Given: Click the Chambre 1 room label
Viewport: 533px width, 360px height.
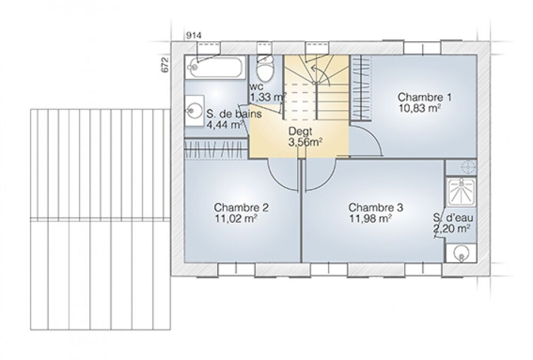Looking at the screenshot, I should tap(425, 97).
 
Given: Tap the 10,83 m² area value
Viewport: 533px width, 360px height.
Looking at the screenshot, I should tap(419, 107).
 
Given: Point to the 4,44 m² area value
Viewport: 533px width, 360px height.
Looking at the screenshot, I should tap(224, 124).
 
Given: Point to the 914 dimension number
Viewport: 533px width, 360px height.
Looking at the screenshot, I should tap(193, 35).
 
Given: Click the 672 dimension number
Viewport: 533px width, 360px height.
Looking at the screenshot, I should tap(165, 65).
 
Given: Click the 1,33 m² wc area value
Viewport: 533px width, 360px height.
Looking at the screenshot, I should tap(268, 97).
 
